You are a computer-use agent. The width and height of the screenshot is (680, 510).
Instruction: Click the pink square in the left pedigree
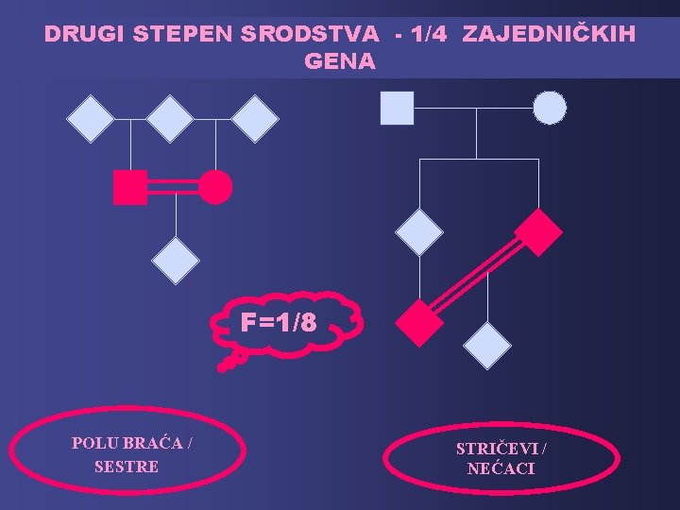coord(129,188)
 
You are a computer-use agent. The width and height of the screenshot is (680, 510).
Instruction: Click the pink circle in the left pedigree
coord(215,188)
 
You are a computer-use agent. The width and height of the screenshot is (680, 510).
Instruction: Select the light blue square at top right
coord(397,108)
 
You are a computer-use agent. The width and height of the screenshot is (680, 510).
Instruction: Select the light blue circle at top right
coord(550,108)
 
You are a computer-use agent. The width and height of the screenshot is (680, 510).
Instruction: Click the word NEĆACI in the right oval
coord(501,468)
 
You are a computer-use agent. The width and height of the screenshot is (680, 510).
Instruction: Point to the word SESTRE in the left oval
coord(127,467)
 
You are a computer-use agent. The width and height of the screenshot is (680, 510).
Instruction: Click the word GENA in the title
coord(340,62)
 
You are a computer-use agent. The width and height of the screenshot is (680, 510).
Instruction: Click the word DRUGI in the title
coord(85,35)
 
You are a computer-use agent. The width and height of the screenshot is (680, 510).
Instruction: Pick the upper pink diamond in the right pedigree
coord(538,231)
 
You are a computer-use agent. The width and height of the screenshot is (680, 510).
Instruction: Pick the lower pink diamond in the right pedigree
coord(418,322)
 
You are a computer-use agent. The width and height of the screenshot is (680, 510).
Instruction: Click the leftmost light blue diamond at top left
coord(91,119)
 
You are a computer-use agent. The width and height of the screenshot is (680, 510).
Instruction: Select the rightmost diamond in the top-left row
coord(255,119)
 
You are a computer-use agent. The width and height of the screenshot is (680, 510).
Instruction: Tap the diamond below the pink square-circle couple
coord(176,261)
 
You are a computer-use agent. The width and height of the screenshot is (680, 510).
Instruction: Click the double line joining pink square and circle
coord(173,188)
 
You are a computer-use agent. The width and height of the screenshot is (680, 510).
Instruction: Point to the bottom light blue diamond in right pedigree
coord(488,345)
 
